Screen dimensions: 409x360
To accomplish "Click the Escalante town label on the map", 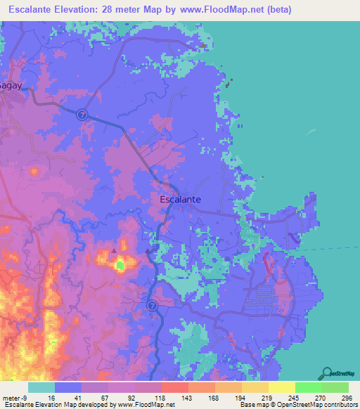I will (181, 199).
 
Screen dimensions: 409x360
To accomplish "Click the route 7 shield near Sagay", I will (82, 114).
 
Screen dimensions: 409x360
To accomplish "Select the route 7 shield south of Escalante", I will (153, 304).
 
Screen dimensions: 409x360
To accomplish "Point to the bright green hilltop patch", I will (120, 265).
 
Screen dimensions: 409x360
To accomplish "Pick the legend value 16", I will (51, 397).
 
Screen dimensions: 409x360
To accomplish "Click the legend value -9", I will (26, 397).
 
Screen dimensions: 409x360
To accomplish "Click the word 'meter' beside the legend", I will (12, 397).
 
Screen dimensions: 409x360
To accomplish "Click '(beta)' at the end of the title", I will (277, 10).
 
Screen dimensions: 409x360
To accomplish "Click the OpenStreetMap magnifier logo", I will (328, 373).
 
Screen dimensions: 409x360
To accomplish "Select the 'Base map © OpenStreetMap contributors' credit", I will (297, 405).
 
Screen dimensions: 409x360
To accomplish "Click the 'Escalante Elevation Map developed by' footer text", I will (58, 405).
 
